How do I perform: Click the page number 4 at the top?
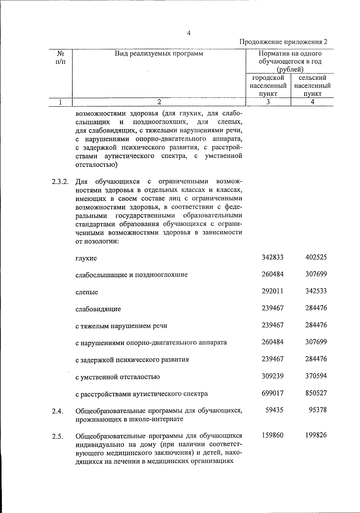[x=189, y=34]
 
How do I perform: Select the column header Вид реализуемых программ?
[x=159, y=54]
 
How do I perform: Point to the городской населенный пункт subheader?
[x=268, y=86]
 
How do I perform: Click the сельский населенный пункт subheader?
[x=312, y=86]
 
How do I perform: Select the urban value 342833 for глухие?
[x=272, y=257]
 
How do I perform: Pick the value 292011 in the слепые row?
[x=272, y=291]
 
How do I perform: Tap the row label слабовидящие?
[x=98, y=309]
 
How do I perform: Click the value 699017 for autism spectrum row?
[x=272, y=393]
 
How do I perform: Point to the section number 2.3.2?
[x=60, y=182]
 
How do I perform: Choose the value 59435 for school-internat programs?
[x=275, y=410]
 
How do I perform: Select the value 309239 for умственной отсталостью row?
[x=272, y=376]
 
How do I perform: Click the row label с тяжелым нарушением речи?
[x=121, y=326]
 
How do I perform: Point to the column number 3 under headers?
[x=268, y=102]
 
